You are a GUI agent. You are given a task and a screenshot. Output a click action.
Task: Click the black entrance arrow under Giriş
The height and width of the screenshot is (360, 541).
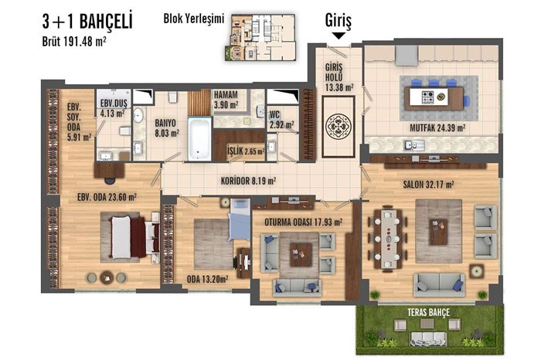(x=339, y=36)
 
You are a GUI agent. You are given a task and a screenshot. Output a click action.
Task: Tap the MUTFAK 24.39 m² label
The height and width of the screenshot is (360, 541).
(x=437, y=128)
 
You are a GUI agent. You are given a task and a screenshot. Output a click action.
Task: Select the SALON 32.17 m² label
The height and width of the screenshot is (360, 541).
(x=428, y=185)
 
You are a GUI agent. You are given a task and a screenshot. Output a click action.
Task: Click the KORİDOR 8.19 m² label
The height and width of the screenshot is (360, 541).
(x=248, y=181)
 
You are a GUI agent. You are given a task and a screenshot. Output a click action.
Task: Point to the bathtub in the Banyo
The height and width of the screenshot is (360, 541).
(x=199, y=138)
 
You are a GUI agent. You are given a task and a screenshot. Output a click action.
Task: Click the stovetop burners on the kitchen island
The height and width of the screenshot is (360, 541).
(x=428, y=97)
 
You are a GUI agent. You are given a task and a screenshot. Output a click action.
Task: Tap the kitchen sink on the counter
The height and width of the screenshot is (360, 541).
(x=414, y=144)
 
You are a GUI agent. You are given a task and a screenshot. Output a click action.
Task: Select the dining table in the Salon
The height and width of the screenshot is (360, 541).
(x=388, y=238)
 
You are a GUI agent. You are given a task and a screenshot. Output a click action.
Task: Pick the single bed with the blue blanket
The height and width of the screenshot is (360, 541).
(x=240, y=219)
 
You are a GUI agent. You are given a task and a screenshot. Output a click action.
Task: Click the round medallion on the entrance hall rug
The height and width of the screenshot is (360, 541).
(x=339, y=127)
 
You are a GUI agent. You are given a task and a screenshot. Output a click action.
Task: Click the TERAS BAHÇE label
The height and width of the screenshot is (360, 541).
(x=428, y=313)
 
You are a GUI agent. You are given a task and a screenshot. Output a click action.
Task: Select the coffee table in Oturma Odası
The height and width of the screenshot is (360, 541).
(x=301, y=255)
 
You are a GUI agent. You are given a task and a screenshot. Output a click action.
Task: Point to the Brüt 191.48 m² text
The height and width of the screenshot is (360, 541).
(x=74, y=41)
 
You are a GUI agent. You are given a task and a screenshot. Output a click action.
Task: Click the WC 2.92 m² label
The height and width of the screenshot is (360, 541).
(x=282, y=119)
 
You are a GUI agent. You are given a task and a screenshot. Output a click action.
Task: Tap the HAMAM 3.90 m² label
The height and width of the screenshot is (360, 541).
(x=226, y=100)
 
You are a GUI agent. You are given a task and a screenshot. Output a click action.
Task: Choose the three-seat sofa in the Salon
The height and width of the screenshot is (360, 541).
(x=439, y=285)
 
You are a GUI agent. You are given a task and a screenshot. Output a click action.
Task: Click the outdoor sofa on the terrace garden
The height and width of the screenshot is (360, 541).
(x=428, y=338)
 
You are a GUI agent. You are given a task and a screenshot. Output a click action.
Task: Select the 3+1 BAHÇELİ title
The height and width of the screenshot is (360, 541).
(x=87, y=22)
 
